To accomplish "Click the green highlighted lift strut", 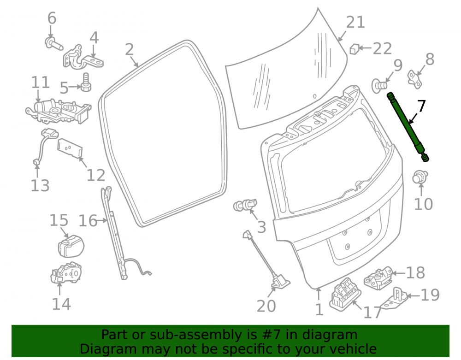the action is coord(408,126).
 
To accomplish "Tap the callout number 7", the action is coord(421,106).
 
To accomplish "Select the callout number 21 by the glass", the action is coord(355,22).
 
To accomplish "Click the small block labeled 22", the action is coord(354,49).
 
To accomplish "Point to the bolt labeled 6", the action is coord(54,43).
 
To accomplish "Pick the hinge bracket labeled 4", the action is coord(83,57).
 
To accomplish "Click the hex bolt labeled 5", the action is coord(86,83).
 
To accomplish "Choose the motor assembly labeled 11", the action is coord(59,111).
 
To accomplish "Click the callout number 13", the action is coord(40,186).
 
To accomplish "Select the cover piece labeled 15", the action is coord(71,246).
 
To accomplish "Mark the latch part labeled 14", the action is coord(66,273).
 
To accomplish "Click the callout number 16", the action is coord(88,221).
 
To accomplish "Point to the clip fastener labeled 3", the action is coord(245,205).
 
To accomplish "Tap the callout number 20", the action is coord(266,306).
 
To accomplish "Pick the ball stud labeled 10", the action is coord(420,177).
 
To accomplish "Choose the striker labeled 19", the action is coord(396,299).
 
